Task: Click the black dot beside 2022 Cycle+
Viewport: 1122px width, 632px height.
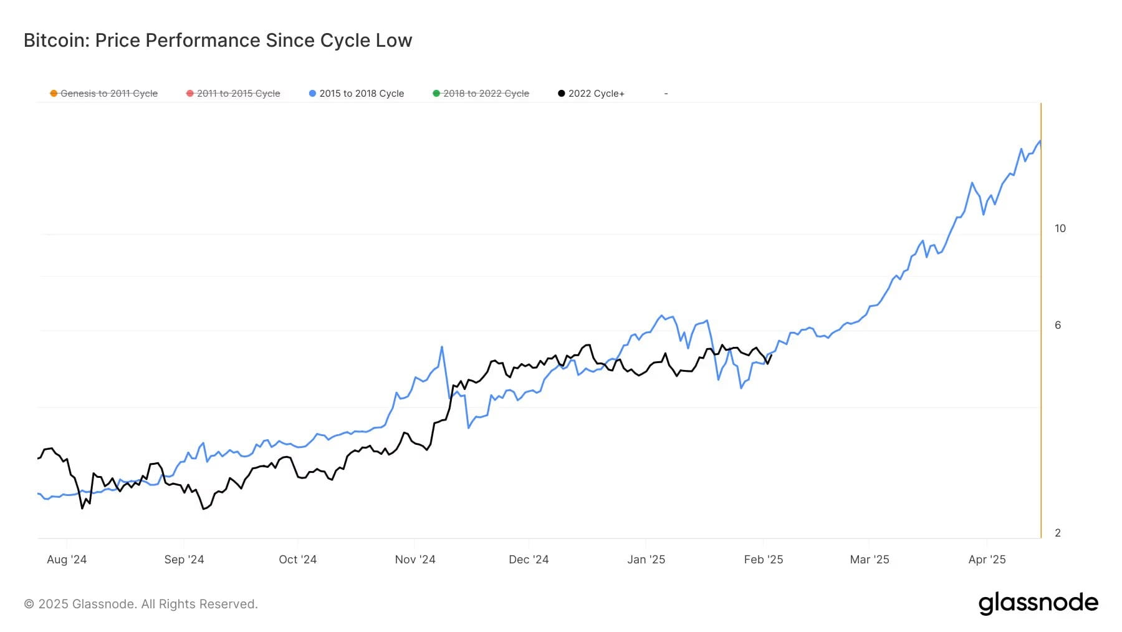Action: coord(562,94)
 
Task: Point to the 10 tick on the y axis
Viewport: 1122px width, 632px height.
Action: coord(1060,228)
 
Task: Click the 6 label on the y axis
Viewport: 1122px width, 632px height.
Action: coord(1057,325)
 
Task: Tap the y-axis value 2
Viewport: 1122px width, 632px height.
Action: coord(1057,533)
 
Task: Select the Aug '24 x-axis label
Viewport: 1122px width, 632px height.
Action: coord(67,560)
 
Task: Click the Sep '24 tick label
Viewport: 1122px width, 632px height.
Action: coord(184,560)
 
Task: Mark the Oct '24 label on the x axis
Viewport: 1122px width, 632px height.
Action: coord(297,560)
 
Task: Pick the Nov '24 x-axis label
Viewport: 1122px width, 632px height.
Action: coord(415,560)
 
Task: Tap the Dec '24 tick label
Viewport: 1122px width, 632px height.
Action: coord(529,560)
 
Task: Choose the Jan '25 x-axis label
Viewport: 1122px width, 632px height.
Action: coord(646,560)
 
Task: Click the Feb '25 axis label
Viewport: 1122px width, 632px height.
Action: coord(763,560)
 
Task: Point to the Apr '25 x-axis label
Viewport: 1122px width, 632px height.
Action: coord(987,560)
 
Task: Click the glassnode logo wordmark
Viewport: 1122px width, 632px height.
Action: coord(1038,603)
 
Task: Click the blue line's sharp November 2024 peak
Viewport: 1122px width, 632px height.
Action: coord(442,347)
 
